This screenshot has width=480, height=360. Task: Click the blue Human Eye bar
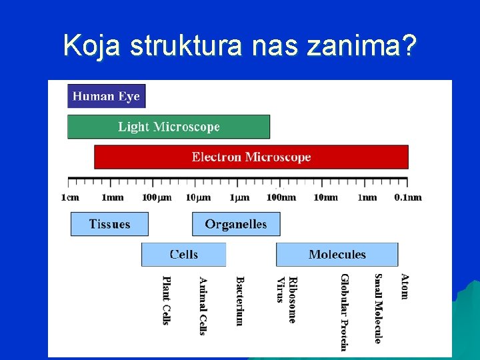[106, 96]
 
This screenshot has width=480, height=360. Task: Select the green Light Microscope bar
[169, 127]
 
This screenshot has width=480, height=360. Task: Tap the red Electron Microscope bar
[251, 157]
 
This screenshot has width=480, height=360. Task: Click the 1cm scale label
[70, 197]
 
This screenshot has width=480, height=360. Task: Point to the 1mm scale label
[112, 197]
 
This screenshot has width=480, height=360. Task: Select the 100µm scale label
[157, 197]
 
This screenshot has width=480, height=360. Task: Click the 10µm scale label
[199, 197]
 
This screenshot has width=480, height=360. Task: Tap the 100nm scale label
[281, 197]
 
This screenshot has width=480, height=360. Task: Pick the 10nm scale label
[325, 197]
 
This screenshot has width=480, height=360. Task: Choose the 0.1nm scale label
[408, 197]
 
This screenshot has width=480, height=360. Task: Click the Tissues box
[109, 224]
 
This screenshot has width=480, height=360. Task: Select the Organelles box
[236, 224]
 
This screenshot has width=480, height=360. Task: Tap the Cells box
[183, 255]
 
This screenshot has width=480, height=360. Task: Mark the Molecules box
[337, 255]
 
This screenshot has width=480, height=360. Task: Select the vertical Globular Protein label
[344, 311]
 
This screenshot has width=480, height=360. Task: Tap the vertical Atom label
[404, 286]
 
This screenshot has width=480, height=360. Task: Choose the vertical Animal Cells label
[203, 305]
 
